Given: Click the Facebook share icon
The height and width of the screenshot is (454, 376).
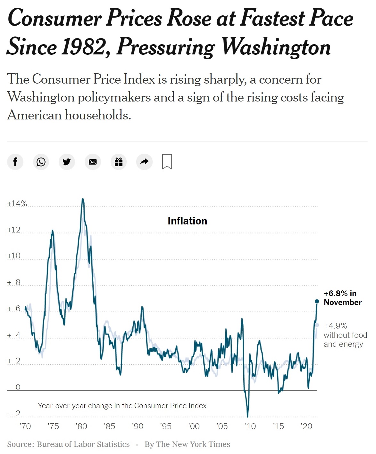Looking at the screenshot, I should click(15, 162).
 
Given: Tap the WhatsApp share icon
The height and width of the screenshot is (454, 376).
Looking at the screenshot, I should click(41, 162).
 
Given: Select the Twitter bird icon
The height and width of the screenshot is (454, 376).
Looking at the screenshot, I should click(67, 162).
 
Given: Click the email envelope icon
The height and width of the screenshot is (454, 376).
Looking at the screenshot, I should click(93, 162).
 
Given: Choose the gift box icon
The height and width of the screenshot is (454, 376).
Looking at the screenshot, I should click(119, 162).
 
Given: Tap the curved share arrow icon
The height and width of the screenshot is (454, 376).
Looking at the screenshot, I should click(145, 162).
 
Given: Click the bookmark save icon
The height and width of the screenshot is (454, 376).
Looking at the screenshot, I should click(167, 162).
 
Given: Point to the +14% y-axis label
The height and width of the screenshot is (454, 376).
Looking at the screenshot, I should click(17, 204).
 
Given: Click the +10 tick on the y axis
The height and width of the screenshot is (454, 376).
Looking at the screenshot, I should click(14, 256).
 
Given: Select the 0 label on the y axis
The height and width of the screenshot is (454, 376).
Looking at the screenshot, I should click(18, 387).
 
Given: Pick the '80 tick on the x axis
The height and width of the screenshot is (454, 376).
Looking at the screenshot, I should click(81, 426).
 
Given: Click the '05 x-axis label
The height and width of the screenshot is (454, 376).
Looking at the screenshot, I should click(222, 426).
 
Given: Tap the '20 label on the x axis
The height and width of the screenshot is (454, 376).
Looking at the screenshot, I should click(306, 426).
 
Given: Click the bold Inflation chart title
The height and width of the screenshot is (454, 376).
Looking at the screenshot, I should click(187, 221).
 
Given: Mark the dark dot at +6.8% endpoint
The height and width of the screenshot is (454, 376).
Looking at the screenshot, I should click(317, 301).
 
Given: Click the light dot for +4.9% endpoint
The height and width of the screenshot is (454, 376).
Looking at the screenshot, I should click(317, 325).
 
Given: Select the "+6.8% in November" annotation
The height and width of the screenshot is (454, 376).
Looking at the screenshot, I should click(342, 298).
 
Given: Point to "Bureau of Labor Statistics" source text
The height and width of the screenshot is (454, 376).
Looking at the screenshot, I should click(83, 444).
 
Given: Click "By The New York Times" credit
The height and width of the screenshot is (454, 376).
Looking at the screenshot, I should click(187, 444).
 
